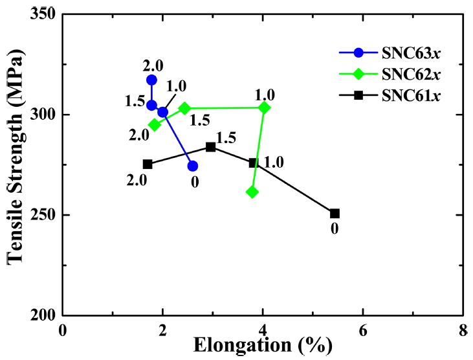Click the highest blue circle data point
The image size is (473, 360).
[151, 80]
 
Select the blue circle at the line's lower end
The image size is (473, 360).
[192, 166]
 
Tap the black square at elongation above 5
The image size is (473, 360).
[335, 213]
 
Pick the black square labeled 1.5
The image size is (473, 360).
[210, 147]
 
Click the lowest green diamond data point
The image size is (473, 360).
[252, 192]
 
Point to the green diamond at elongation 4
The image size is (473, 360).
[264, 107]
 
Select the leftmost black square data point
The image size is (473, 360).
[148, 164]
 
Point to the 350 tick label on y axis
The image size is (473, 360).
[41, 14]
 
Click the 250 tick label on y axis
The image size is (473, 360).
[41, 214]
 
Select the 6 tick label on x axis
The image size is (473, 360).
[362, 328]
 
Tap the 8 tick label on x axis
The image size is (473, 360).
[463, 328]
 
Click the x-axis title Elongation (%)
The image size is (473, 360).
[261, 346]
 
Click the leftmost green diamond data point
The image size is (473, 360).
[154, 124]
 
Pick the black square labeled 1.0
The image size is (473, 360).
[254, 163]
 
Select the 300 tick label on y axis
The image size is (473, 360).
[41, 115]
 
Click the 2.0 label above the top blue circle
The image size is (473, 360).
[153, 65]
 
